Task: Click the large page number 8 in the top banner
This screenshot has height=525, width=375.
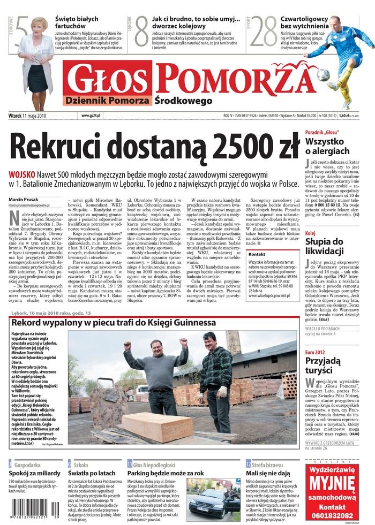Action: click(x=141, y=31)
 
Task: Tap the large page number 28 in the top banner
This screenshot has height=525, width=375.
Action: click(x=264, y=33)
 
